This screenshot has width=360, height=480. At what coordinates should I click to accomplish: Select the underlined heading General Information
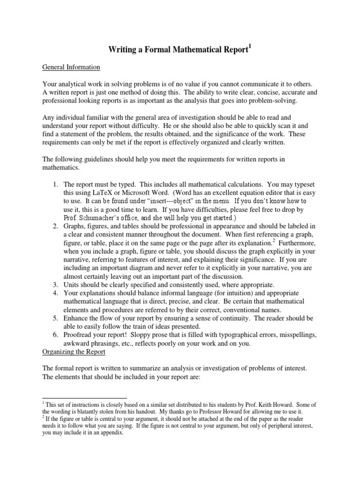coord(71,67)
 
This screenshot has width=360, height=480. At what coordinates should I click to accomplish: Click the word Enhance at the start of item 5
coord(76,318)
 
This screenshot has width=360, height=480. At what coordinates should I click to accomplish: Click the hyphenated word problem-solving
coord(270,100)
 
